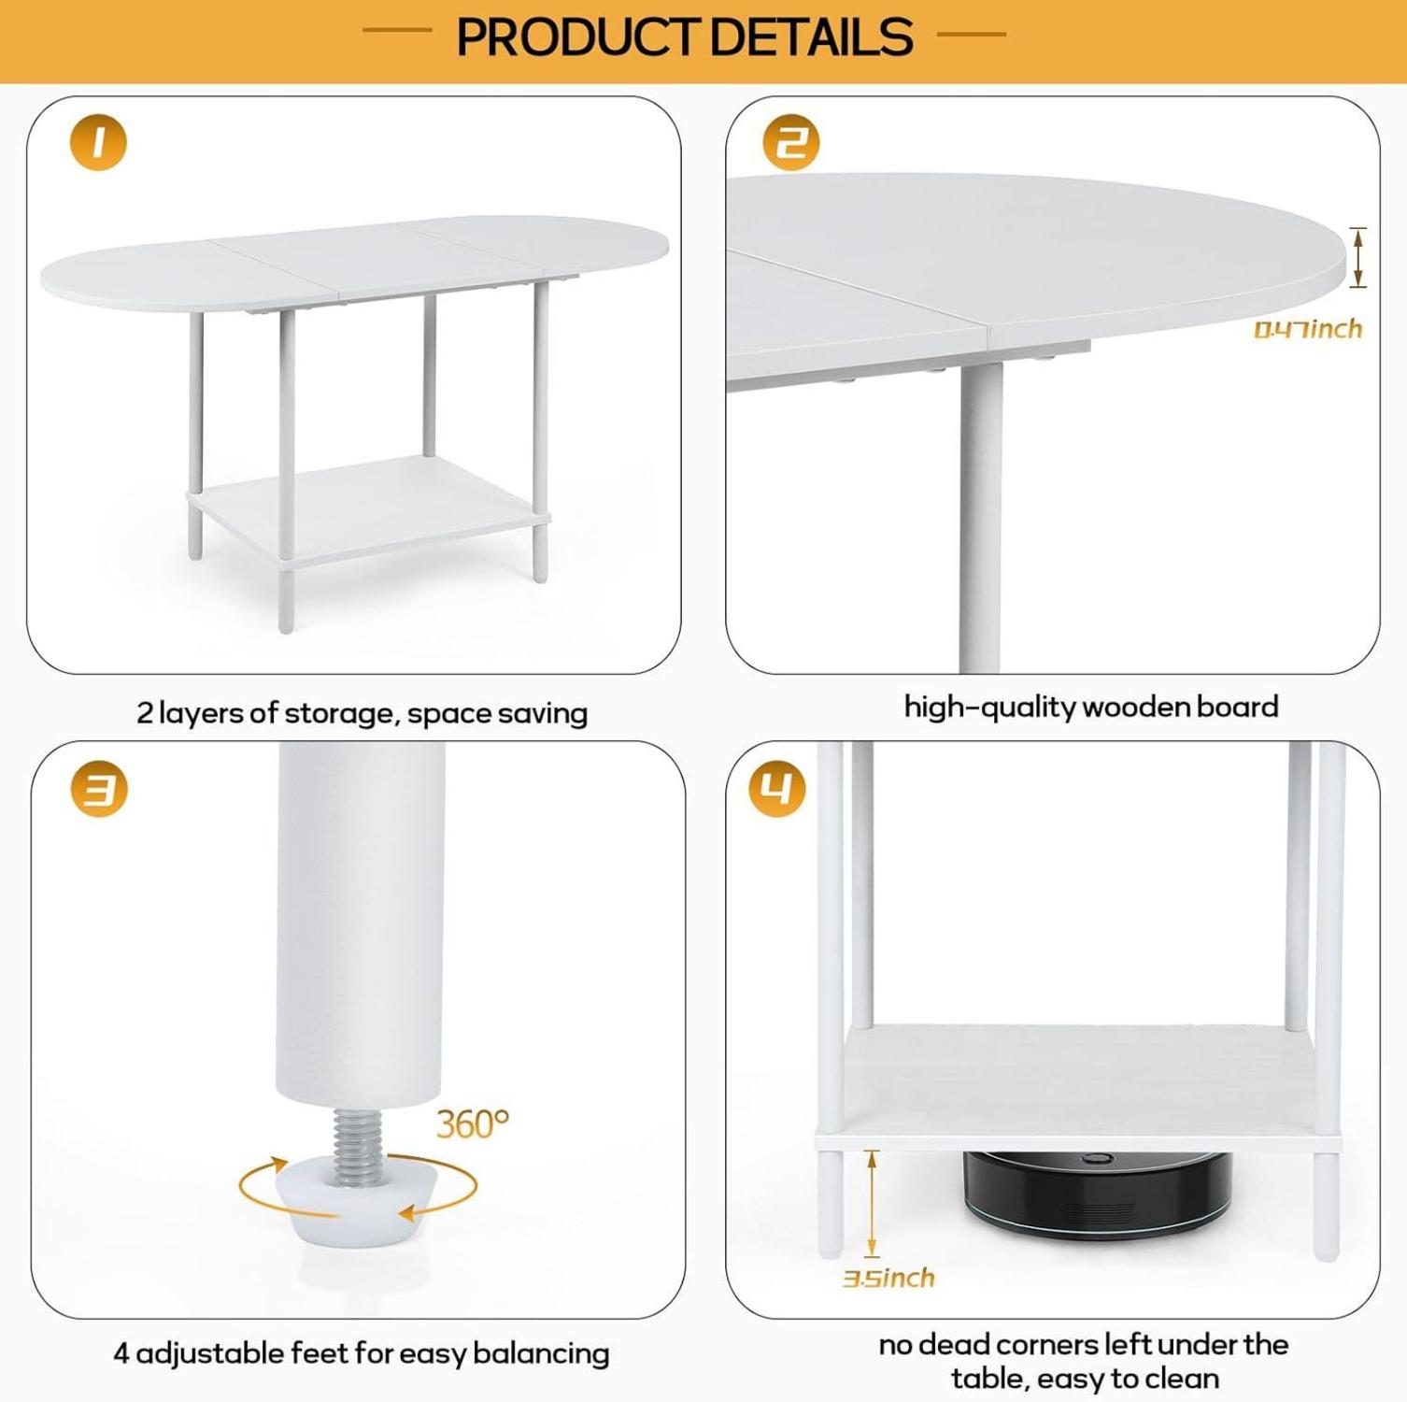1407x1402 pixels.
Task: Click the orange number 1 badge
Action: (x=98, y=142)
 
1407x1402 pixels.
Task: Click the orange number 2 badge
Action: (x=791, y=142)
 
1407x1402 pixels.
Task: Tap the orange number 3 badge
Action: (x=99, y=790)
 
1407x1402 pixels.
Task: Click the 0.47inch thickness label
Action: (x=1308, y=329)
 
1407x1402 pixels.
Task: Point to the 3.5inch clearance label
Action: (x=888, y=1278)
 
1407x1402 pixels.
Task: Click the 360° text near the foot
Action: (x=473, y=1123)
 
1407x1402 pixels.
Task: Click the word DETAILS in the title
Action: (x=810, y=37)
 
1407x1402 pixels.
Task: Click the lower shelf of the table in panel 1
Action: (x=369, y=509)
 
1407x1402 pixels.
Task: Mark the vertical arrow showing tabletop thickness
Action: (x=1358, y=257)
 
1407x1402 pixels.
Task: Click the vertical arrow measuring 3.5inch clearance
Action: (x=872, y=1203)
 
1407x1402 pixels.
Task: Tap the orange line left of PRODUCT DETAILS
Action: (x=397, y=31)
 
